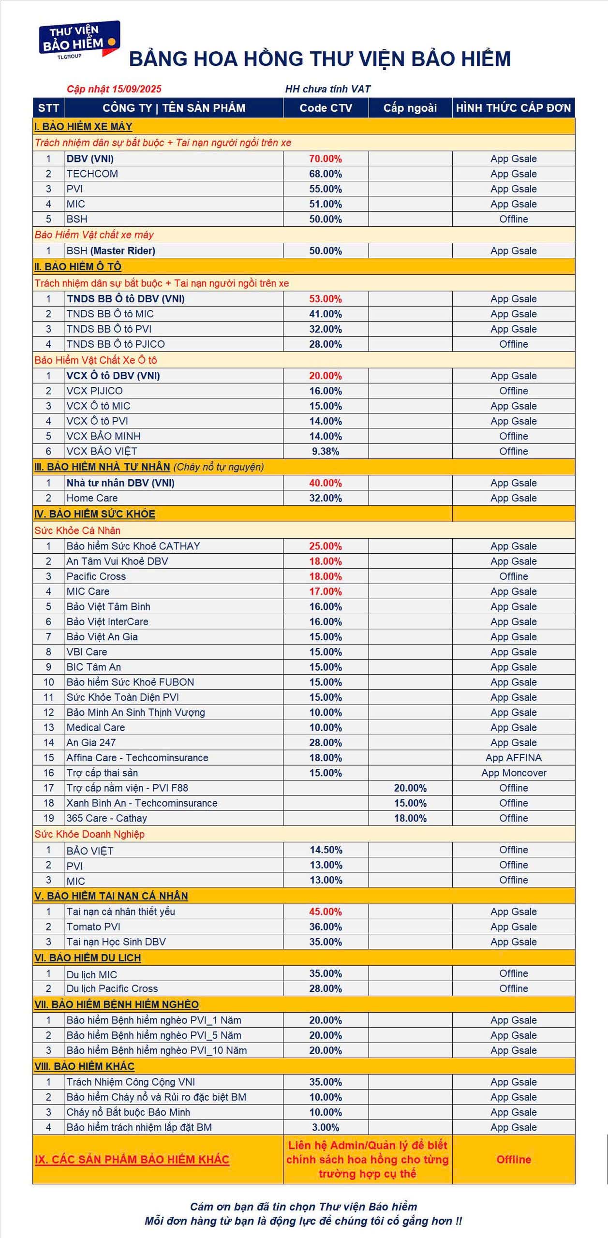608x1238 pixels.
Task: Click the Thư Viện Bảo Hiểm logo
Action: pos(79,40)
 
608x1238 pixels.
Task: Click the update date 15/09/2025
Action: pos(136,89)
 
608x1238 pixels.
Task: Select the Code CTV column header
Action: pos(326,108)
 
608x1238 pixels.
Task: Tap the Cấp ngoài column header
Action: pos(410,108)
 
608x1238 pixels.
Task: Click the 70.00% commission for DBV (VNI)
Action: pos(326,159)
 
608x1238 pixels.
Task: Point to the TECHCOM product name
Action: pos(92,174)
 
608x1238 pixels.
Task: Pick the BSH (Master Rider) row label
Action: pos(111,251)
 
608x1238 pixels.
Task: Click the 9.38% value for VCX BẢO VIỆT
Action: pos(326,451)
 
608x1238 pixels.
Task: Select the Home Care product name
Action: pos(92,498)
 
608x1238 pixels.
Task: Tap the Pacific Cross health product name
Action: pos(96,576)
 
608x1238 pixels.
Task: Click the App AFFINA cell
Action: pos(513,757)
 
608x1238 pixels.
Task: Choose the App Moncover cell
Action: pos(513,772)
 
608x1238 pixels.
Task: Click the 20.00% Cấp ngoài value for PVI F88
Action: pos(410,788)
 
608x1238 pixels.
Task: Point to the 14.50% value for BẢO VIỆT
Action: pos(326,850)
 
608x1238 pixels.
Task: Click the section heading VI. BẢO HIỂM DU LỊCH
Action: pos(88,958)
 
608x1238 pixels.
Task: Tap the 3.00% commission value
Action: pos(326,1127)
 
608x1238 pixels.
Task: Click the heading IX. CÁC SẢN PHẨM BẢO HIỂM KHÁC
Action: pos(132,1159)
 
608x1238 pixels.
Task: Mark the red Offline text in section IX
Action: pos(513,1159)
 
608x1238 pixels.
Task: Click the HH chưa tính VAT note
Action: pos(327,89)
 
